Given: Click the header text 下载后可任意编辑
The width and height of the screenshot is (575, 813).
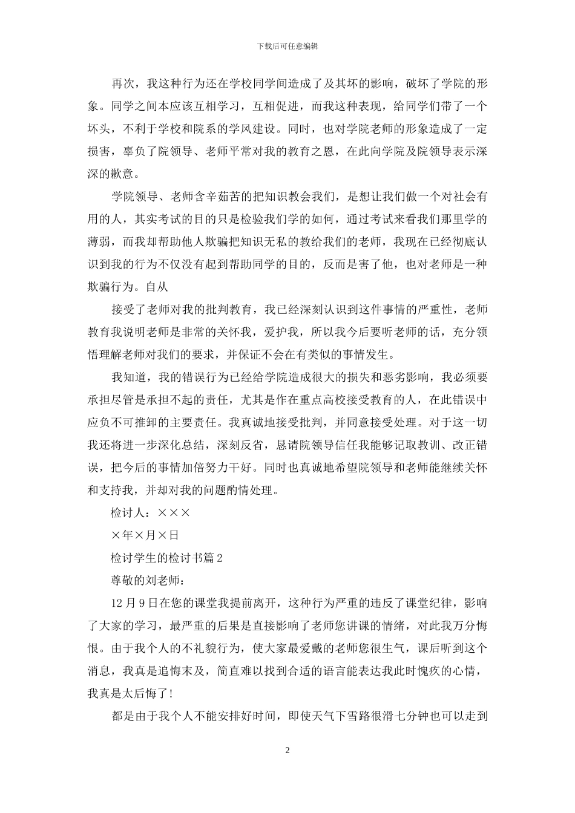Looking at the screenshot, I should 287,46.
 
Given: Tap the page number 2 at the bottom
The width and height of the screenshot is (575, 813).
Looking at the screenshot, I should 287,751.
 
